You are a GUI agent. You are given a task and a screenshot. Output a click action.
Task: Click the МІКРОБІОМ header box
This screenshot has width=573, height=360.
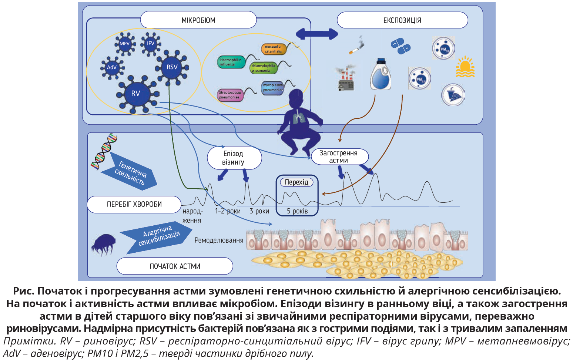[198, 20]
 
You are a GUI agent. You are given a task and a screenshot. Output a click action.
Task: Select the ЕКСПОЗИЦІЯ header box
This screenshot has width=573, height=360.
[402, 20]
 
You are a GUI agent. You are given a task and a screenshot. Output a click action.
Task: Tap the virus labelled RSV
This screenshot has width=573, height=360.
[172, 67]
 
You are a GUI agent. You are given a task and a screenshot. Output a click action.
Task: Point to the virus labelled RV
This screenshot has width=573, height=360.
[136, 93]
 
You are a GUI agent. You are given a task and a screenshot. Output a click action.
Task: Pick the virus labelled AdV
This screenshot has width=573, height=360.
[111, 67]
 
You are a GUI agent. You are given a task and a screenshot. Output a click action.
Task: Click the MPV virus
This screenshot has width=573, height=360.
[125, 44]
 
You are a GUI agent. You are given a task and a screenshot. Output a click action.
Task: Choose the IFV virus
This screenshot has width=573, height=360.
[150, 43]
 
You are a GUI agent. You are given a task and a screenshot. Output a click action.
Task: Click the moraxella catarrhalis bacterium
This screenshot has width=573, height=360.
[274, 49]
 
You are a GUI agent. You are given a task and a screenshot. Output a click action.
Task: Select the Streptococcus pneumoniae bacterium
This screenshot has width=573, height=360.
[230, 95]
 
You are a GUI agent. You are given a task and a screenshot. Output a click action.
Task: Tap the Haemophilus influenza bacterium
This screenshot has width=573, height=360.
[231, 62]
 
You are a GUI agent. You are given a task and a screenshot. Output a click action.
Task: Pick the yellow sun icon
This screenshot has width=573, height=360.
[465, 67]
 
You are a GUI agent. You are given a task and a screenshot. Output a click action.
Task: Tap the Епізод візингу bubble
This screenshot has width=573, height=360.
[234, 158]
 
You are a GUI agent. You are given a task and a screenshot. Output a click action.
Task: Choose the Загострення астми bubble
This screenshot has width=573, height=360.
[339, 157]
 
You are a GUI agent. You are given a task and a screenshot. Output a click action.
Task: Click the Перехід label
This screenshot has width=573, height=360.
[296, 182]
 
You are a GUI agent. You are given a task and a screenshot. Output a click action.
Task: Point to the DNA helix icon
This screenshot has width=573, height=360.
[104, 152]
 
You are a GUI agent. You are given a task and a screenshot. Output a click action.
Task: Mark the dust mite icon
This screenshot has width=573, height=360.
[103, 243]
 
